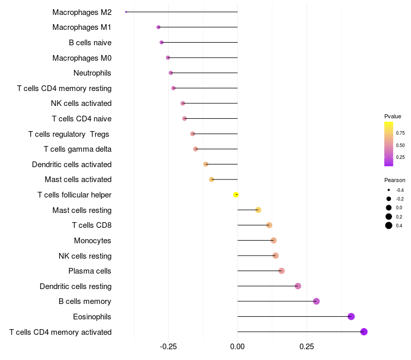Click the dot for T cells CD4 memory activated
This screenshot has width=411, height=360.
coord(364,332)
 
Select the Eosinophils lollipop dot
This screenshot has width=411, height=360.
coord(351,316)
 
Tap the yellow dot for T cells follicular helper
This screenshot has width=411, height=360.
coord(236,194)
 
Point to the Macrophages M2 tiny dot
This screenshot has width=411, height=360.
coord(126,12)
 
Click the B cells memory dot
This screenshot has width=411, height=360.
coord(316,301)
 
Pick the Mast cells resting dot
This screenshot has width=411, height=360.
coord(258,210)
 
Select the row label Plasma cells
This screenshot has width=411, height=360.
coord(90,271)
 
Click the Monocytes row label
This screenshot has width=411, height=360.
coord(92,241)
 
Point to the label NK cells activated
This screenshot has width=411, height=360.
coord(81,103)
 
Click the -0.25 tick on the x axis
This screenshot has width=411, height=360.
coord(168,347)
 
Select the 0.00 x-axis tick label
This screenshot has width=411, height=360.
coord(237,347)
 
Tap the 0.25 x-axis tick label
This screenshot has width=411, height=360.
coord(307,347)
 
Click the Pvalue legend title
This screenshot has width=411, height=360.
coord(393,116)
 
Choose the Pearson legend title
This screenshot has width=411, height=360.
coord(395,180)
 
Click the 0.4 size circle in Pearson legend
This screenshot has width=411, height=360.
coord(389,225)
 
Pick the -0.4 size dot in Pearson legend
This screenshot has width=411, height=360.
coord(389,190)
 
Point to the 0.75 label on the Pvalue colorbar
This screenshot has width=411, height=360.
coord(400,133)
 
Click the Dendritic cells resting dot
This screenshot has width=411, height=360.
coord(298,286)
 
